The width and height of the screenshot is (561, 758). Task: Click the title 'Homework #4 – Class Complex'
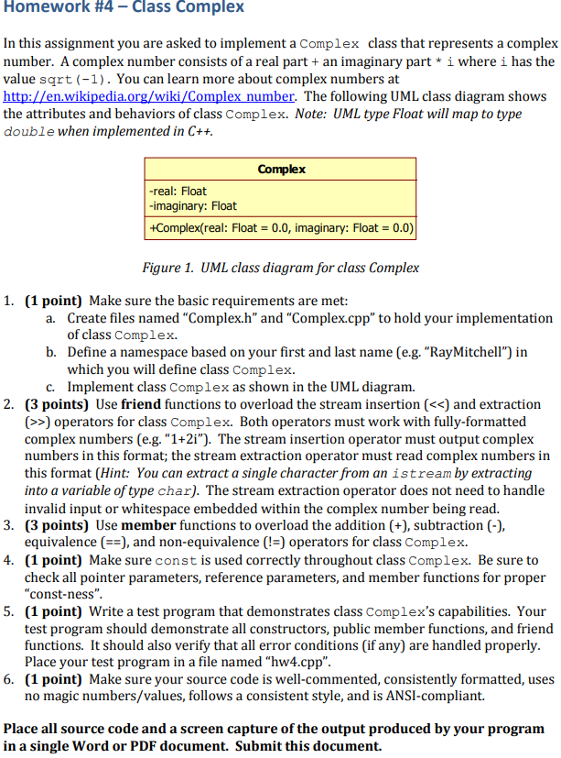124,8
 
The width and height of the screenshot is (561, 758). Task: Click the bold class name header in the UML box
281,170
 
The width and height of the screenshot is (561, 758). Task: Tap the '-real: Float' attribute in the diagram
178,192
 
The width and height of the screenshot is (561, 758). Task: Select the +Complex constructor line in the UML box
280,226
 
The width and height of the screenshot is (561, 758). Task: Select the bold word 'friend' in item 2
135,404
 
